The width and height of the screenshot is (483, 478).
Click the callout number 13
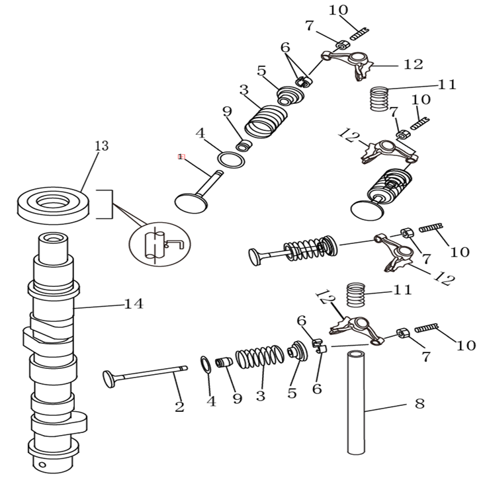101,145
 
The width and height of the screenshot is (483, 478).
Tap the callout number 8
419,403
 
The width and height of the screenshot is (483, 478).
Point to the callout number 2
179,407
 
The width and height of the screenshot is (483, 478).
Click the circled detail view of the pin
159,245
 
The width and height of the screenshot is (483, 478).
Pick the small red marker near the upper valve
181,157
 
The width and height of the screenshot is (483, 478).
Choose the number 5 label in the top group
261,71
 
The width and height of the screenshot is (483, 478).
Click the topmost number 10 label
337,10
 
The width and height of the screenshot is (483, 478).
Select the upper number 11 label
447,84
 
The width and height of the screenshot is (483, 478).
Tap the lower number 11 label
402,290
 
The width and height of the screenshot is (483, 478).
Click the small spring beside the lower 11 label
356,294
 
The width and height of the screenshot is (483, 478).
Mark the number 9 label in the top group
227,111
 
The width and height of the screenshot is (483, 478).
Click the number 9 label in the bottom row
237,398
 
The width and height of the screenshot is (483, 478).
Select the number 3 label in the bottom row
261,397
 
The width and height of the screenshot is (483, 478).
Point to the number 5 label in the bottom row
292,393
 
